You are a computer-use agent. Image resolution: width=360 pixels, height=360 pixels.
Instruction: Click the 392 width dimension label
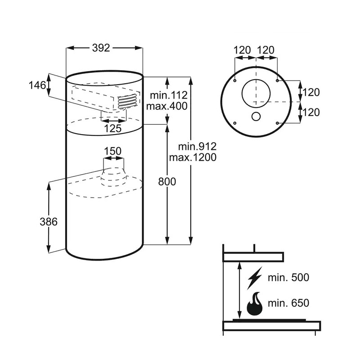101,48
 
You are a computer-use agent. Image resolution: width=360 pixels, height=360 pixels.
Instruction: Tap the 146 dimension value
37,85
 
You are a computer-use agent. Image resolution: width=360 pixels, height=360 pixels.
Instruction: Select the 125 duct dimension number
113,128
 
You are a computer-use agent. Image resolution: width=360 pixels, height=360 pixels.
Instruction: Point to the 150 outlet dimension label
113,151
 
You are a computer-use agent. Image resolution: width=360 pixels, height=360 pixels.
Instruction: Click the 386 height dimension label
49,222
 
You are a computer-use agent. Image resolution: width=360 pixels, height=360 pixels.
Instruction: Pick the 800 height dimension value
167,182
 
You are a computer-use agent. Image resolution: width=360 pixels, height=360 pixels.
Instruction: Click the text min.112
169,95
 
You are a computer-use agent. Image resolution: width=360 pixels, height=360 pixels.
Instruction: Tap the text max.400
167,106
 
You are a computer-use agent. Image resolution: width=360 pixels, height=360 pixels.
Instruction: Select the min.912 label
198,147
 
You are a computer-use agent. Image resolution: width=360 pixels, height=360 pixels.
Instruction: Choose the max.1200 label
193,157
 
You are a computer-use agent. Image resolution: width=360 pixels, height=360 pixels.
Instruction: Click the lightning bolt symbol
255,278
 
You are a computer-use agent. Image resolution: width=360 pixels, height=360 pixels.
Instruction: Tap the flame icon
254,303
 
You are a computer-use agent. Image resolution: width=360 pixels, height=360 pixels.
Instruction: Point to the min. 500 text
288,278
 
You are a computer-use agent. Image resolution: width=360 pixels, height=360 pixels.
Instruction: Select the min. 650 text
288,303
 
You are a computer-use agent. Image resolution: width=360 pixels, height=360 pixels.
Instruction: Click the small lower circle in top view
256,117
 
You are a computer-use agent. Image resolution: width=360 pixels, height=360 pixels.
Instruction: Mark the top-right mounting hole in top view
277,81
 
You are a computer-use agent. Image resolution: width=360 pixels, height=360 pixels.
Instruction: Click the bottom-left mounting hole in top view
234,123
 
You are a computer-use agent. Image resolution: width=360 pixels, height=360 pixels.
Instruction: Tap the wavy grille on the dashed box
128,102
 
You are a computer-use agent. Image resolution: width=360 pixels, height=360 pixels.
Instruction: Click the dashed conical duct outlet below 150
114,177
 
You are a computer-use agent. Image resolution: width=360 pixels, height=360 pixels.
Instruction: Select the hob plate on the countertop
269,320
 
